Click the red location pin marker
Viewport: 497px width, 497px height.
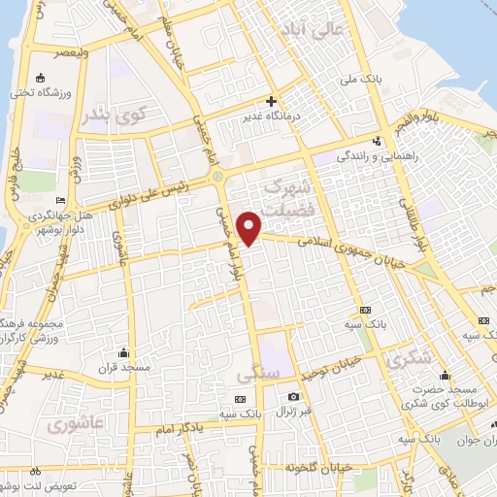tap(250, 228)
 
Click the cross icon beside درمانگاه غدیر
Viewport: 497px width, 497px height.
tap(272, 101)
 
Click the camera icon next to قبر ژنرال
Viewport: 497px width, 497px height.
tap(293, 396)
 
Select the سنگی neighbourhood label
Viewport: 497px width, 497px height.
tap(257, 372)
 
